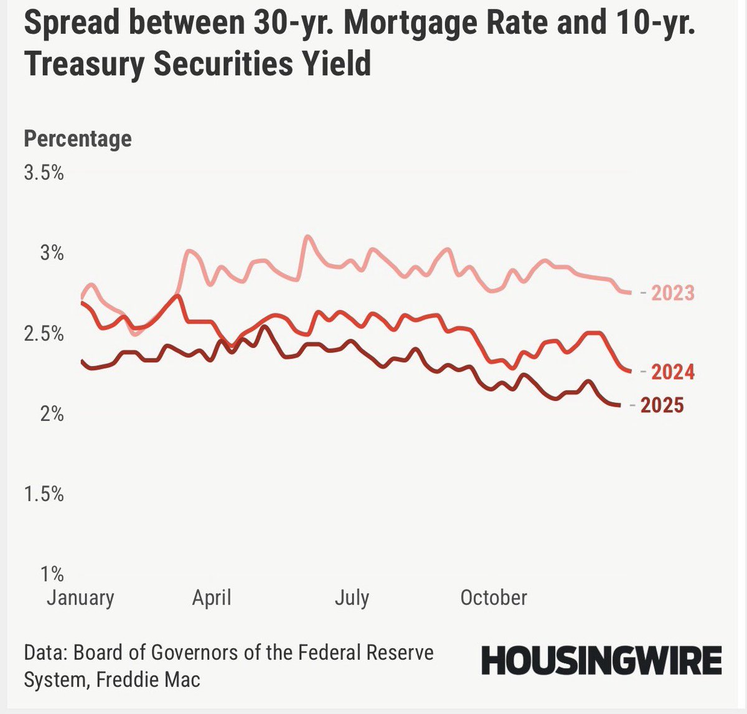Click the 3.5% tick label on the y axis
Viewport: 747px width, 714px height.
(x=44, y=172)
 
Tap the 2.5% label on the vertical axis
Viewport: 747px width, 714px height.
(x=44, y=333)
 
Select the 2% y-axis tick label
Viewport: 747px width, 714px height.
(x=52, y=413)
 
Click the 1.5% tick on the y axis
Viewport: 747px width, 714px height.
(x=44, y=494)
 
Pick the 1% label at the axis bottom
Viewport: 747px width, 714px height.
(x=52, y=573)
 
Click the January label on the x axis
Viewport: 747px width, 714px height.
(x=80, y=598)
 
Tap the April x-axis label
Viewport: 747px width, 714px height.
(x=212, y=598)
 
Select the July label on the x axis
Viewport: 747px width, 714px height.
(x=352, y=598)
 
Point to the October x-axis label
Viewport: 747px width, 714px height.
(x=494, y=598)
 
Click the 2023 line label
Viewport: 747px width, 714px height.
(x=672, y=293)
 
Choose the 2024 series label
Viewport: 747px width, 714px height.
(x=672, y=372)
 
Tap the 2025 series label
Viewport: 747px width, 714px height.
(x=662, y=405)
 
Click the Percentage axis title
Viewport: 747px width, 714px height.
(x=78, y=138)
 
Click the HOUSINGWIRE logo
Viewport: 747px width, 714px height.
(x=601, y=660)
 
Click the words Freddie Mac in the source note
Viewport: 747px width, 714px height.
(x=148, y=679)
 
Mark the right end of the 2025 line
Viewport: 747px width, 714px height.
(x=618, y=405)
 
